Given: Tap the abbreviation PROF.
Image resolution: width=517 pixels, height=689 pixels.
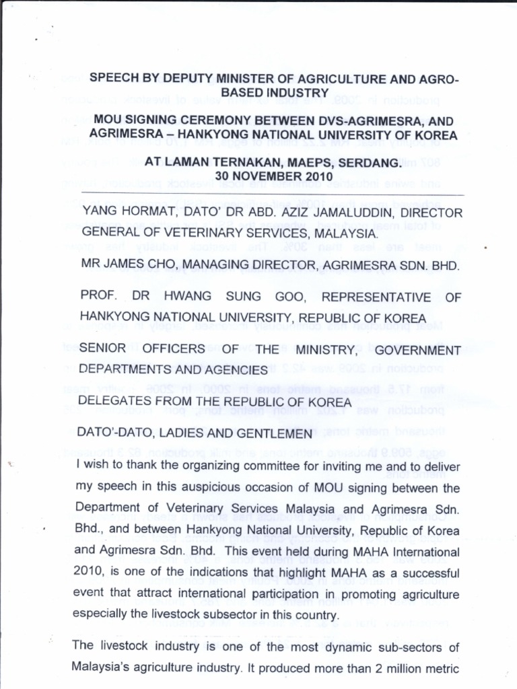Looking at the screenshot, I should pyautogui.click(x=99, y=297).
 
